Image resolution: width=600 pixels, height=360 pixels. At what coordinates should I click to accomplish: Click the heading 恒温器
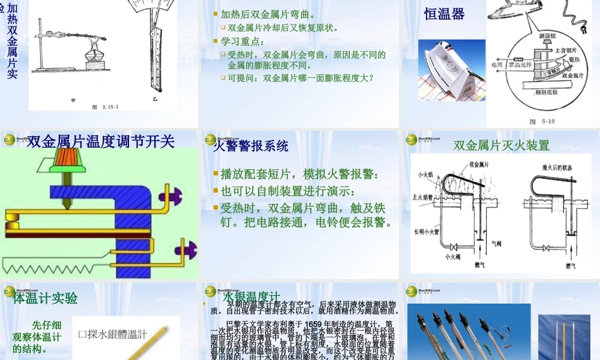tap(445, 14)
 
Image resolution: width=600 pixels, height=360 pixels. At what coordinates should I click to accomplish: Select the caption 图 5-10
tap(542, 121)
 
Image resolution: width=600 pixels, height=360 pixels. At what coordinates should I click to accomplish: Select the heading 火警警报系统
tap(251, 146)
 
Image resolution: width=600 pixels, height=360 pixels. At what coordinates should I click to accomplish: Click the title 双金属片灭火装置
tap(501, 145)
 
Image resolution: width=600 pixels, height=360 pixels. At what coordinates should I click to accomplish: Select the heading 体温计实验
tap(46, 298)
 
